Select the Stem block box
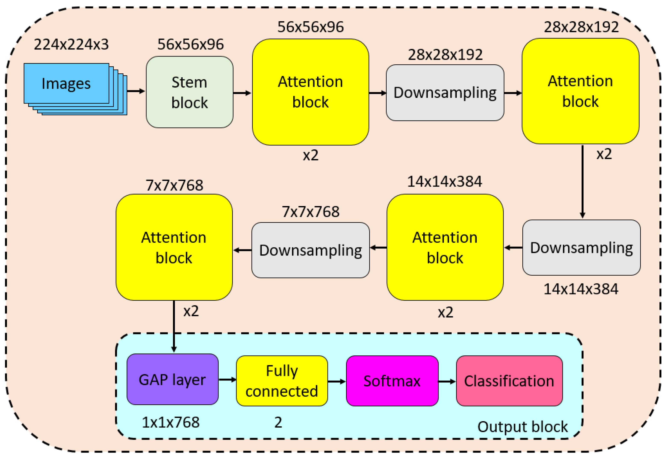190,92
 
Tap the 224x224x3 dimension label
71,45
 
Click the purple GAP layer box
173,380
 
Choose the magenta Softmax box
392,381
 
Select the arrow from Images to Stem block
136,91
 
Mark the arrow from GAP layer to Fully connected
227,380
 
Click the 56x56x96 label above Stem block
191,45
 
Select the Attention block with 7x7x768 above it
174,248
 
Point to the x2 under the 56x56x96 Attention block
311,156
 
